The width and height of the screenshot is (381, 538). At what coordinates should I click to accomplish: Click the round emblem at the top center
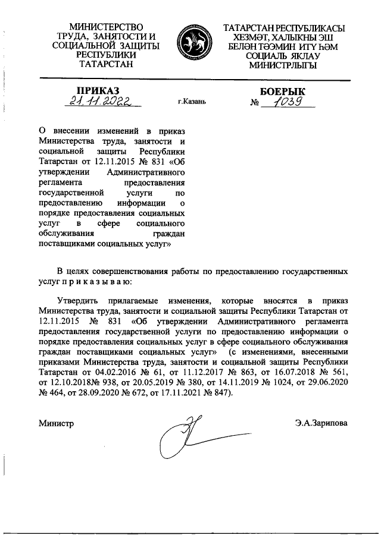[x=190, y=43]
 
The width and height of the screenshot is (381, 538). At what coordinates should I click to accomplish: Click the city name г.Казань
[x=192, y=102]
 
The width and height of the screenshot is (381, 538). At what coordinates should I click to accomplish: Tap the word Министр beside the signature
[x=56, y=423]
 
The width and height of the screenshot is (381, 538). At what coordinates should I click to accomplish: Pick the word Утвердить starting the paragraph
[x=79, y=301]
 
